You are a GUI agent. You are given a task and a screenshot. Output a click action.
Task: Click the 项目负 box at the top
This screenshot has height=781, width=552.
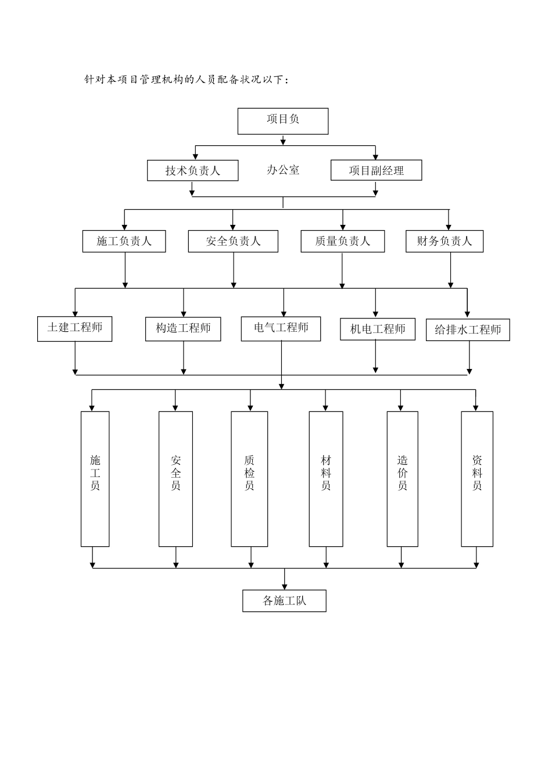(283, 121)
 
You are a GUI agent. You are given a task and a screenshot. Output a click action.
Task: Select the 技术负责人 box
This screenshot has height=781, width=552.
(192, 171)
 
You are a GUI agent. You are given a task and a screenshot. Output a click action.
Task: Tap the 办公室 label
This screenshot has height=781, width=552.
(283, 170)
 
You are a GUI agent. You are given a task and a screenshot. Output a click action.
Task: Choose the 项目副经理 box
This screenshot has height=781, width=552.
(376, 170)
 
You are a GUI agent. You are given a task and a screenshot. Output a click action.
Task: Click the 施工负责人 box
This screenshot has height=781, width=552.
(124, 241)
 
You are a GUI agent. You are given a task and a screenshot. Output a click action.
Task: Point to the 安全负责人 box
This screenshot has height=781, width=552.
(233, 241)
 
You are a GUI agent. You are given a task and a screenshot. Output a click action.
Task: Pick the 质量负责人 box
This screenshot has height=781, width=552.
(342, 241)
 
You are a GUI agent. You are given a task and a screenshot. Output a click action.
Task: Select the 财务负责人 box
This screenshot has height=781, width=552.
(445, 241)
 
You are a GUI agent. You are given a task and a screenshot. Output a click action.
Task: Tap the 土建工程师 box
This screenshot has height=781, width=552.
(74, 328)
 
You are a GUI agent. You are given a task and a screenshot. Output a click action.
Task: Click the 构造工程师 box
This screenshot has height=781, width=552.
(183, 329)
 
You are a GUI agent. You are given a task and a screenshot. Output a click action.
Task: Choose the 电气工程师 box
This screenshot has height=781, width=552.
(281, 328)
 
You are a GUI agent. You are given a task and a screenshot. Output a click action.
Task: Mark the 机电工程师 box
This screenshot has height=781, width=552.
(378, 329)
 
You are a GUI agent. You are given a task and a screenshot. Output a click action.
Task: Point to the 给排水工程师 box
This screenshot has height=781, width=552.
(468, 330)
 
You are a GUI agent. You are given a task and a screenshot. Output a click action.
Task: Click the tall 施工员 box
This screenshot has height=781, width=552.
(95, 479)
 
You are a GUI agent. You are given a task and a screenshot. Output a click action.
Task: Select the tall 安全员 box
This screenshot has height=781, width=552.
(175, 479)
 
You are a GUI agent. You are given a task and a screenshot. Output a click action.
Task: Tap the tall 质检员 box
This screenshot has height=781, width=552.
(249, 479)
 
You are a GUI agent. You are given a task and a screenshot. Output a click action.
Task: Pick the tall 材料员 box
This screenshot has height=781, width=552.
(325, 479)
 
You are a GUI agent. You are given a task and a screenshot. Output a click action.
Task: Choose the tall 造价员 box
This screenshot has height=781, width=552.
(402, 479)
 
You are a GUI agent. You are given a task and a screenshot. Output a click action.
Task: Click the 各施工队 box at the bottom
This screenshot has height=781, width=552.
(284, 601)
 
